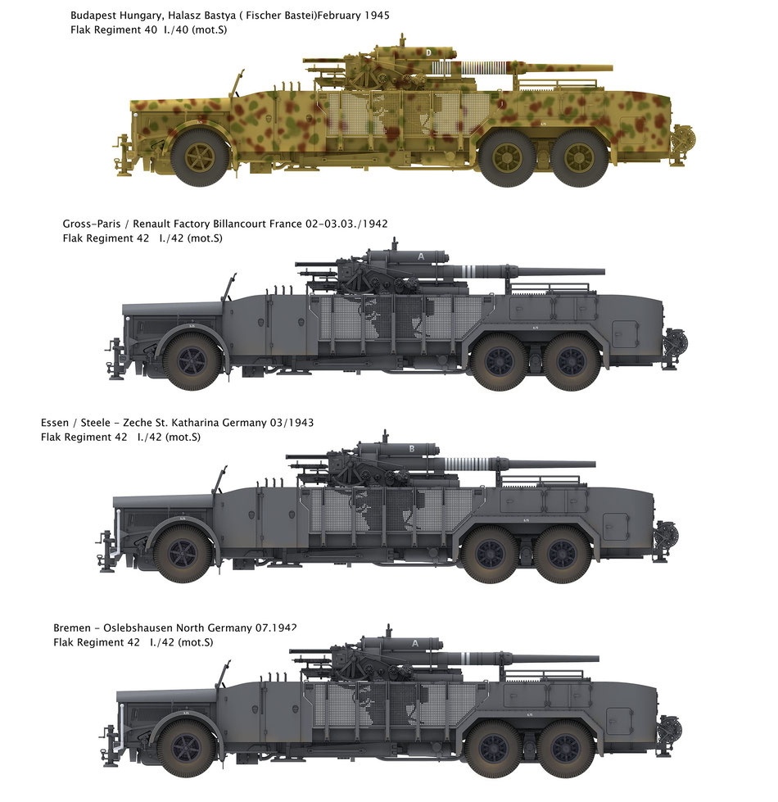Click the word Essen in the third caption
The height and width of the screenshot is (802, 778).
55,423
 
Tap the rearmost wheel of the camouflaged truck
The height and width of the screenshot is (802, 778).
580,158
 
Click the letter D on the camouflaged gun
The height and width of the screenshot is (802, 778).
430,52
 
